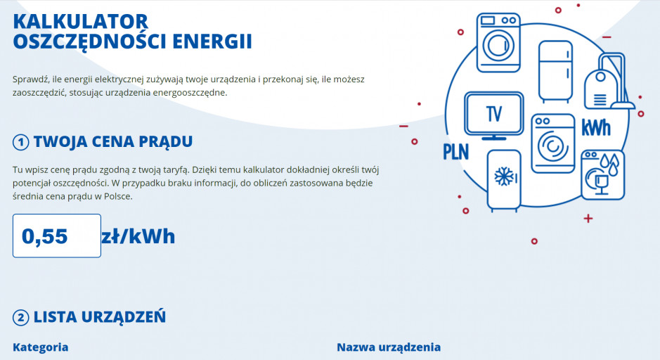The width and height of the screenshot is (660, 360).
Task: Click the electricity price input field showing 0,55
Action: [x=57, y=236]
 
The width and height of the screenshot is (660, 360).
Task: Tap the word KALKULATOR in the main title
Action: [x=81, y=22]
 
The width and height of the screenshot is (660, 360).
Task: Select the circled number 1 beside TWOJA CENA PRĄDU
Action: [x=20, y=142]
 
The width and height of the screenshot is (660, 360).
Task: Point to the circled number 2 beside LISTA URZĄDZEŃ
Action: [x=20, y=318]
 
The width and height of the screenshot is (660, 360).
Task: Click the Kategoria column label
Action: [x=40, y=347]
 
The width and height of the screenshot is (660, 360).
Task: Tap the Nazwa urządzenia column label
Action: [x=389, y=347]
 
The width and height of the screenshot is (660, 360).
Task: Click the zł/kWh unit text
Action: [x=138, y=237]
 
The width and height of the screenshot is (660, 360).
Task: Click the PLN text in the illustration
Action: [x=456, y=152]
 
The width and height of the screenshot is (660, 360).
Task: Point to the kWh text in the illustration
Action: [x=596, y=128]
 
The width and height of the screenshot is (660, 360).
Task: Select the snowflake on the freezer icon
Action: [x=504, y=176]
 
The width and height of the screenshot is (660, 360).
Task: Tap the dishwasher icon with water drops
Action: [x=603, y=175]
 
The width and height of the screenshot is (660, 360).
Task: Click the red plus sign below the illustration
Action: [x=588, y=218]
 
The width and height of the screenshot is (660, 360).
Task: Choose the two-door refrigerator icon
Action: [x=555, y=72]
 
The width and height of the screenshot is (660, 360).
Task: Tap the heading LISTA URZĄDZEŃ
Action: [x=100, y=317]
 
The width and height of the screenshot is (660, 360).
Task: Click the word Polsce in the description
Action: [x=118, y=197]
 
